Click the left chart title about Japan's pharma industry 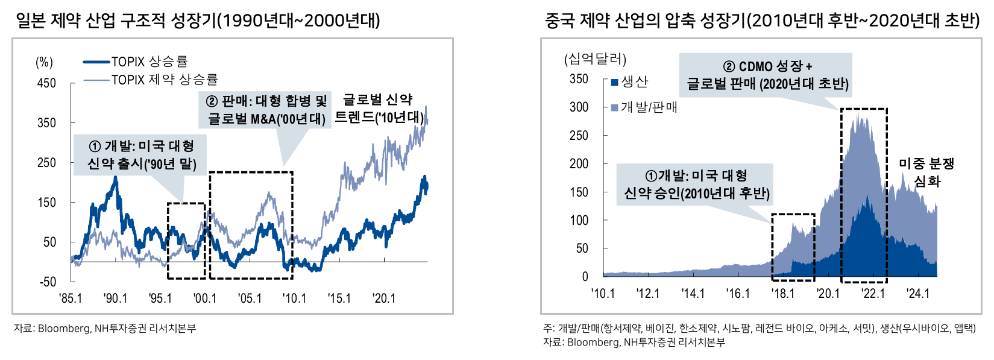click(x=198, y=21)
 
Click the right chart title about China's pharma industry click(x=762, y=21)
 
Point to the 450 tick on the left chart click(x=46, y=83)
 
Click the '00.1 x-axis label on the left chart click(x=205, y=298)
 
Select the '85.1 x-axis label click(x=71, y=298)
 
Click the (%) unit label click(x=44, y=62)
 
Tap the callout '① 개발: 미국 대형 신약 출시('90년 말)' click(x=141, y=155)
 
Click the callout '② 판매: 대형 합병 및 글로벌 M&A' click(x=266, y=110)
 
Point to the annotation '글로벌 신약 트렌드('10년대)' click(x=379, y=109)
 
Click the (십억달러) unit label click(x=594, y=59)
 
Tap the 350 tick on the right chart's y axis click(x=579, y=79)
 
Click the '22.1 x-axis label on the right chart click(x=873, y=293)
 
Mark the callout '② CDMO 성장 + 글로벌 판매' click(x=767, y=75)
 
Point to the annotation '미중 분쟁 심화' click(x=926, y=172)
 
